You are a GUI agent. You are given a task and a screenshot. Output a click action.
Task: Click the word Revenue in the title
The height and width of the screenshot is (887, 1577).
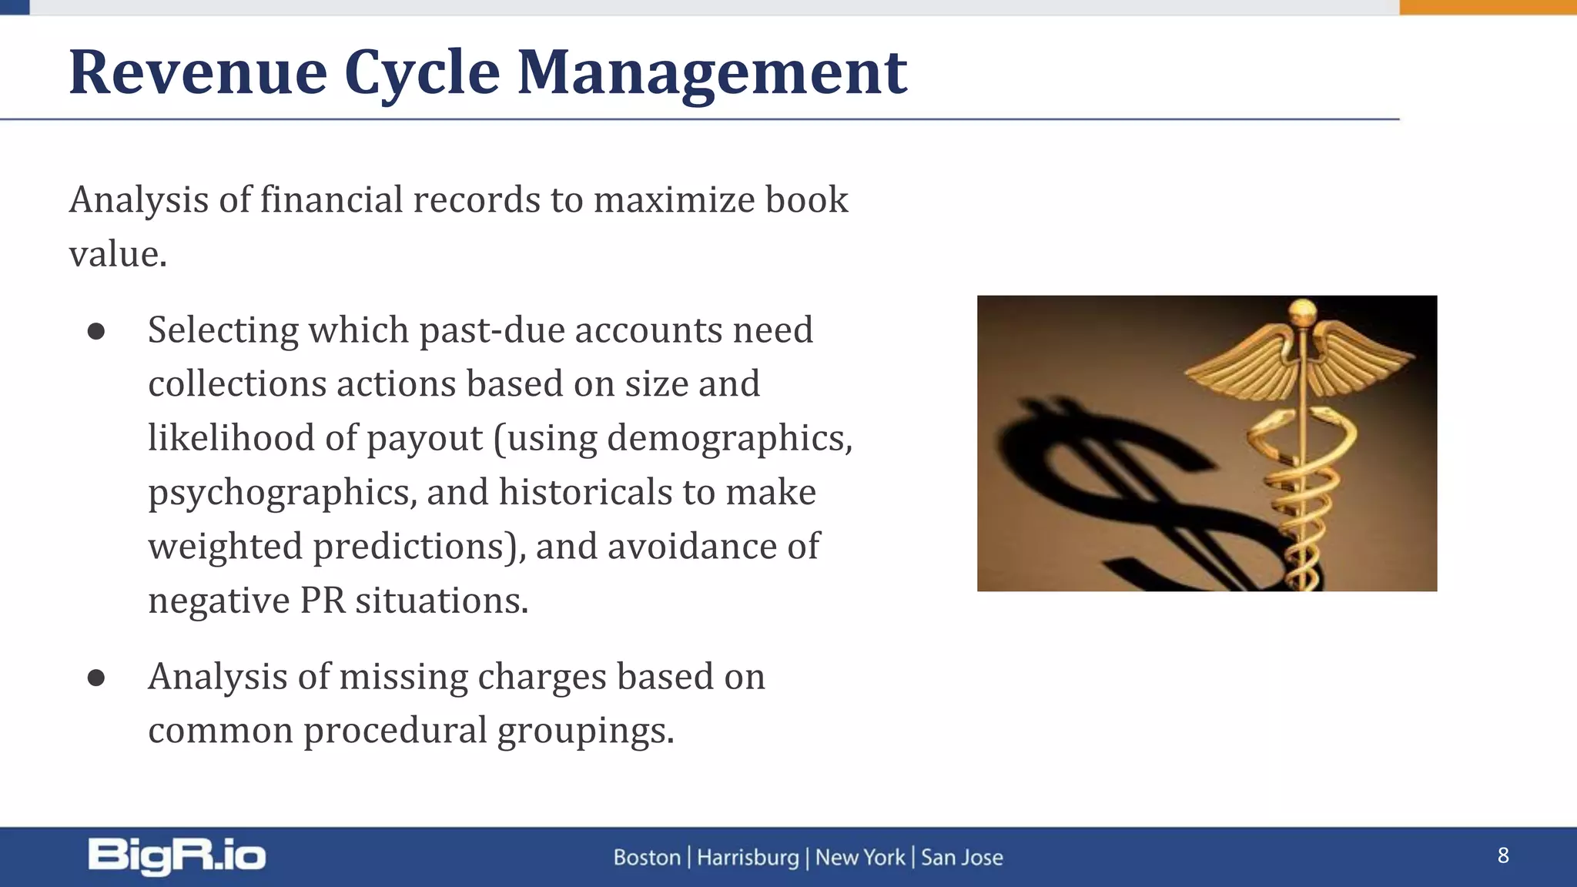coord(198,72)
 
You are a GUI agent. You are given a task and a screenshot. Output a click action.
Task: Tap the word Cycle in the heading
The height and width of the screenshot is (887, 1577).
coord(422,74)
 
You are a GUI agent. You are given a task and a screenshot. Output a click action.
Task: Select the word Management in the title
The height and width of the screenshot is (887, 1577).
coord(711,74)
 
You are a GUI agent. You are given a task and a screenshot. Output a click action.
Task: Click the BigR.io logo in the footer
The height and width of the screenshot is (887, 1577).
coord(176,856)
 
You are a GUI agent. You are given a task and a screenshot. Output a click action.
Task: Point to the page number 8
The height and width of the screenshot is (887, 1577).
coord(1503,855)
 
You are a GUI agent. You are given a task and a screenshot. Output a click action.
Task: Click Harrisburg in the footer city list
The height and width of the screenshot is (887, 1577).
coord(748,857)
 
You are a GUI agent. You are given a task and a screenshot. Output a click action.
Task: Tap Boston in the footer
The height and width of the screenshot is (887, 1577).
coord(647,857)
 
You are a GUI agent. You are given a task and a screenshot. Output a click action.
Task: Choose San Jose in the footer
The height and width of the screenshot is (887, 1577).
coord(962,857)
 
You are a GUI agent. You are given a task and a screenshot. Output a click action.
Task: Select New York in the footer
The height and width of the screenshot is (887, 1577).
coord(860,857)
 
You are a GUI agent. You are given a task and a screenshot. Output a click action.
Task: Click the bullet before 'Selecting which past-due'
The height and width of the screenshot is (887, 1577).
coord(96,331)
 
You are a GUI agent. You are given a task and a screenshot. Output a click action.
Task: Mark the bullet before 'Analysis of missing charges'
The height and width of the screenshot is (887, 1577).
coord(96,678)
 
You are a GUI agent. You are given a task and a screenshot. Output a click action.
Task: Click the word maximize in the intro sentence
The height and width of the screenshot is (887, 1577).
coord(674,200)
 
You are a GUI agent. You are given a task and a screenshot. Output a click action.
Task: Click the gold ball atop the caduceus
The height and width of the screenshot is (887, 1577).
coord(1302,312)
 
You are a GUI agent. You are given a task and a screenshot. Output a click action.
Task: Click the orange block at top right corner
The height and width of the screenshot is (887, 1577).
coord(1488,7)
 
